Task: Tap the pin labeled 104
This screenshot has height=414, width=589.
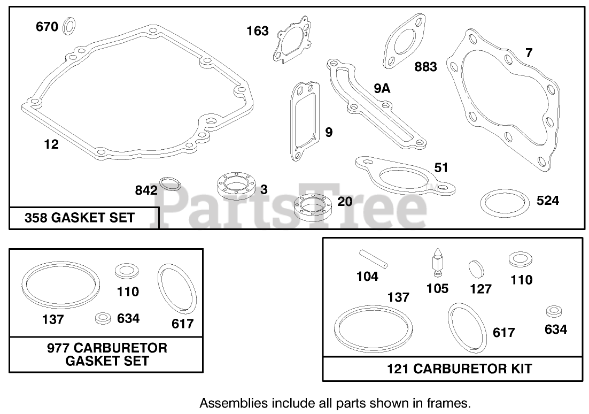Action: (x=374, y=259)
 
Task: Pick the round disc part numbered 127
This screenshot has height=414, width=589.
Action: (x=476, y=269)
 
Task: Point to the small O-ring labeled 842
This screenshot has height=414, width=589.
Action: (x=170, y=184)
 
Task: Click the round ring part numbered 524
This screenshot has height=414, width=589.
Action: (x=505, y=203)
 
